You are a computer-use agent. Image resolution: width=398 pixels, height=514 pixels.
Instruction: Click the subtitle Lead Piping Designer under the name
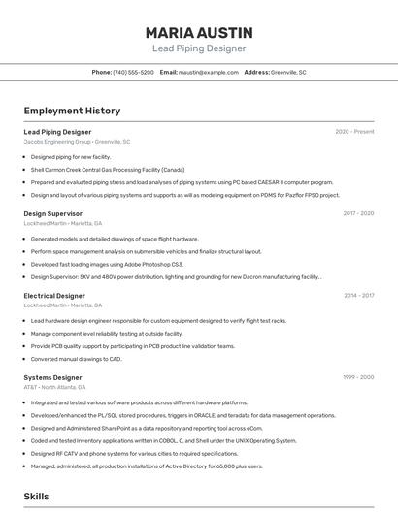pyautogui.click(x=199, y=48)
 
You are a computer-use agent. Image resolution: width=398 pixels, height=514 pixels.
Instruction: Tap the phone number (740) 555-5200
pyautogui.click(x=133, y=73)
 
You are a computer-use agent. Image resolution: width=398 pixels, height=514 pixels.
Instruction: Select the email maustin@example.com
pyautogui.click(x=206, y=73)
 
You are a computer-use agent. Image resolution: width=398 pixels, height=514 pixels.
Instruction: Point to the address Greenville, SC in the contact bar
pyautogui.click(x=288, y=73)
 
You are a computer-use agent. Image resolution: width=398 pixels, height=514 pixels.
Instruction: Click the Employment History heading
pyautogui.click(x=72, y=111)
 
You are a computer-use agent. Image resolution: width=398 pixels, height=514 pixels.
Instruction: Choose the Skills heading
pyautogui.click(x=37, y=496)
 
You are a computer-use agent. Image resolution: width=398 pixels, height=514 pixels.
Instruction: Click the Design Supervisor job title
pyautogui.click(x=52, y=213)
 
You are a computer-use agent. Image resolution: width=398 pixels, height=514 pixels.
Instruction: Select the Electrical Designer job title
pyautogui.click(x=54, y=296)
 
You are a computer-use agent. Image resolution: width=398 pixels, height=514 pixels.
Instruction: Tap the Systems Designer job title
pyautogui.click(x=52, y=377)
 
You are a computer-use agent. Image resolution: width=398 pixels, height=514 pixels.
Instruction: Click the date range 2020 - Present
pyautogui.click(x=354, y=132)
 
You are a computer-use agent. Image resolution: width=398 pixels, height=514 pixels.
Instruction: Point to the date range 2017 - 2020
pyautogui.click(x=358, y=213)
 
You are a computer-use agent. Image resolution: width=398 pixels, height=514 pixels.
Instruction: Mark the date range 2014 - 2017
pyautogui.click(x=358, y=296)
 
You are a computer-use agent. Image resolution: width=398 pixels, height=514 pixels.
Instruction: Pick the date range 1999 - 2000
pyautogui.click(x=358, y=377)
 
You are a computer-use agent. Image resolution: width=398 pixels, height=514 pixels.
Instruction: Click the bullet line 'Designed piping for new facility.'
pyautogui.click(x=71, y=156)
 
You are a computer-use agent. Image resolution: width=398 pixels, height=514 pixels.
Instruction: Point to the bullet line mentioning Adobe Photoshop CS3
pyautogui.click(x=107, y=264)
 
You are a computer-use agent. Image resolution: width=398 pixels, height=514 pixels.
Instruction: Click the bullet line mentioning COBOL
pyautogui.click(x=164, y=440)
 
